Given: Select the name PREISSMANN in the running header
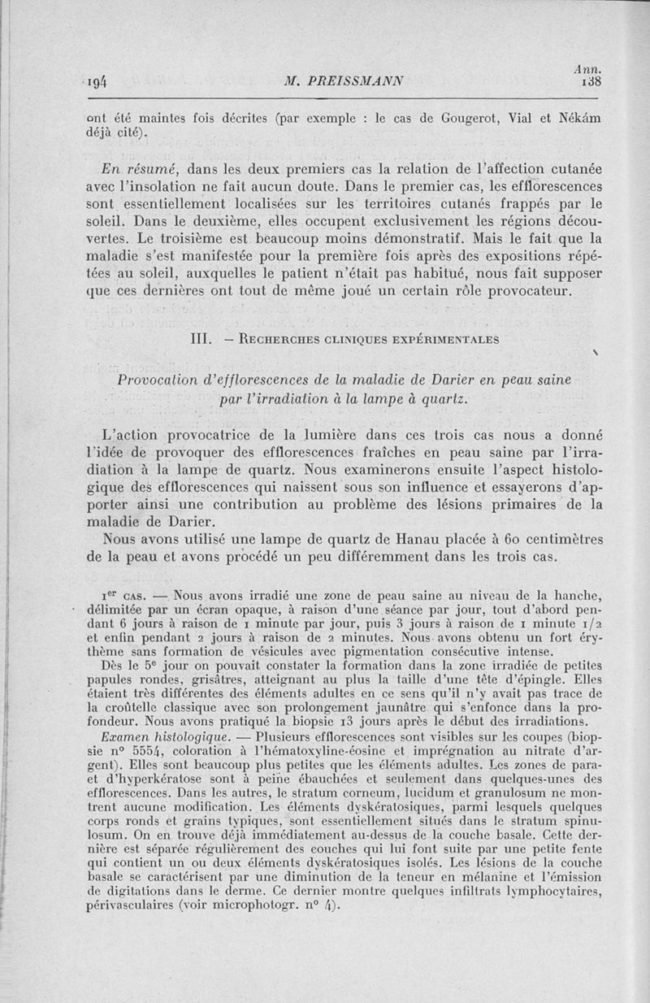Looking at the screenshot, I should coord(358,80).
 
